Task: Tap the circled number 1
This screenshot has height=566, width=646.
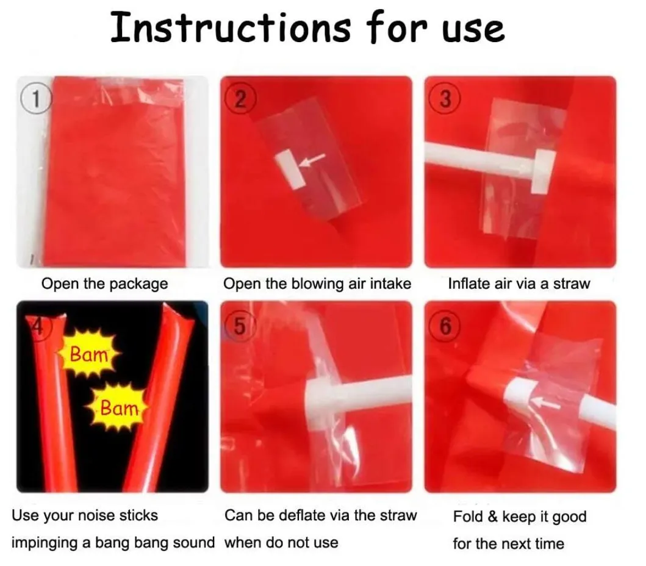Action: coord(36,99)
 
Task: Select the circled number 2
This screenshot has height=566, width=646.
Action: coord(240,99)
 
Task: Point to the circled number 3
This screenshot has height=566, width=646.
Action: coord(445,99)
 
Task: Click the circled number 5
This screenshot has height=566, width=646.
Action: coord(240,326)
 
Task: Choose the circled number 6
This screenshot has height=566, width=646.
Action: coord(445,326)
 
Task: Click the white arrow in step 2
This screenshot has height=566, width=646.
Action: coord(312,160)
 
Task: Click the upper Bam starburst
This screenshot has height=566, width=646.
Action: coord(88,353)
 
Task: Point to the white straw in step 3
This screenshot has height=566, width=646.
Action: coord(480,161)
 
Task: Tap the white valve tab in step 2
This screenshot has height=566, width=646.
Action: coord(290,170)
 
